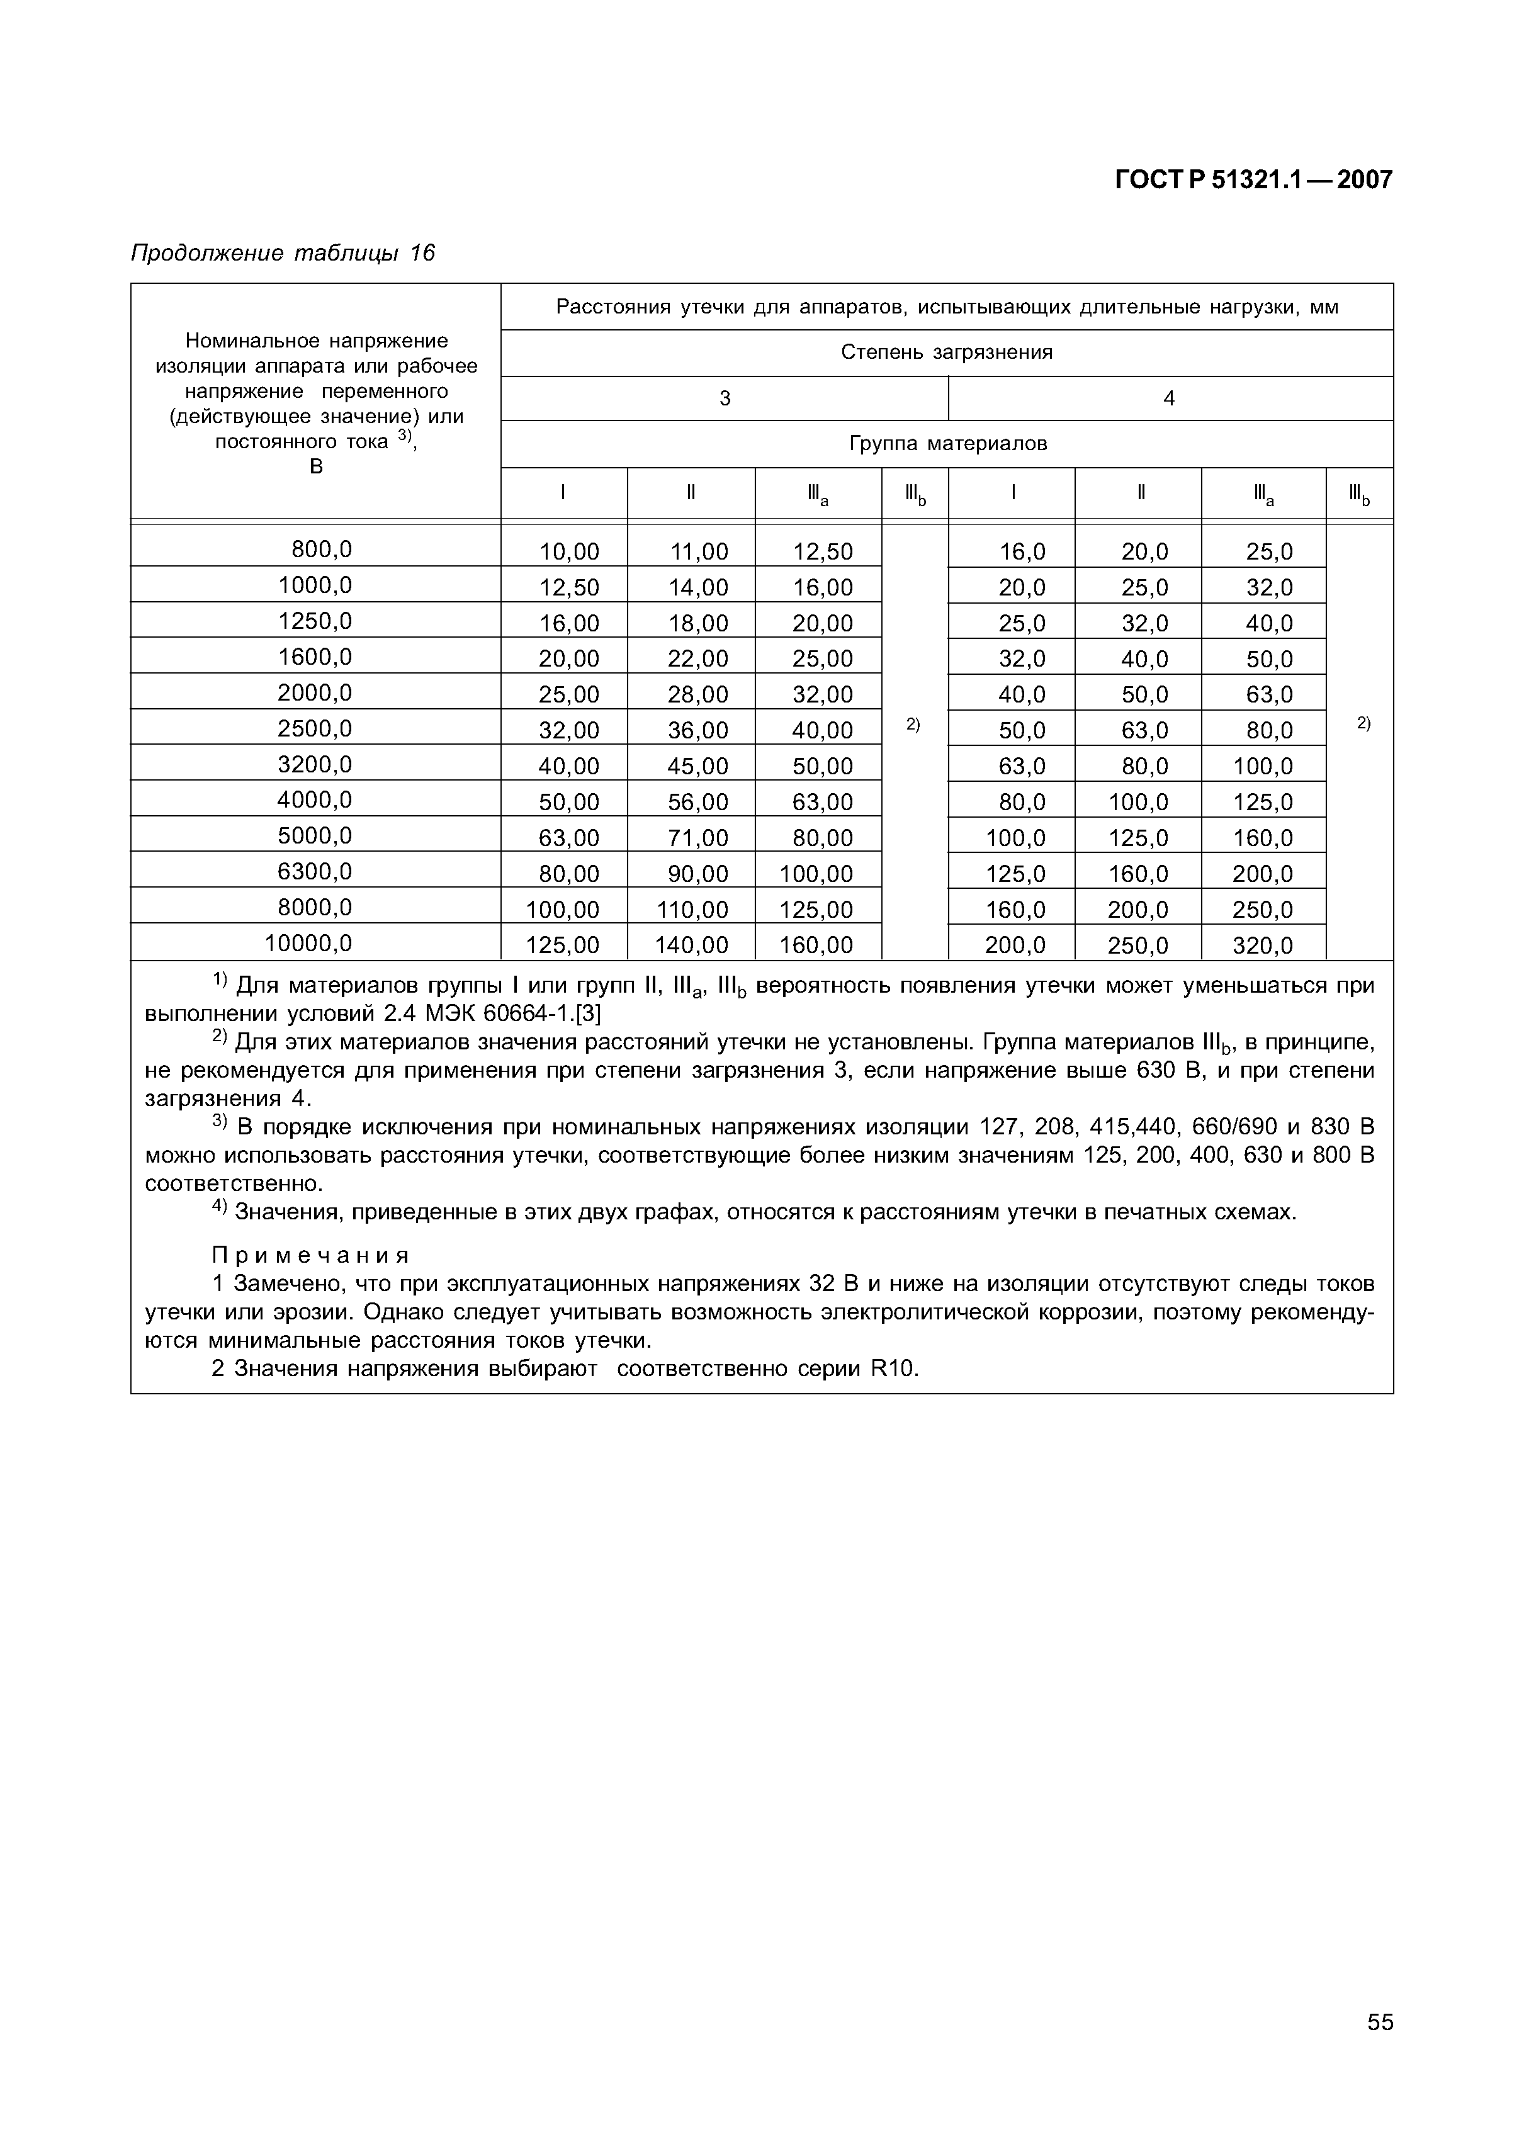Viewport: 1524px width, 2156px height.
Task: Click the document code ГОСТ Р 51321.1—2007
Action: [1253, 180]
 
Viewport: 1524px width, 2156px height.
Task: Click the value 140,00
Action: [691, 945]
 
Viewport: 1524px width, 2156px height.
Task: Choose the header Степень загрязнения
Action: [947, 352]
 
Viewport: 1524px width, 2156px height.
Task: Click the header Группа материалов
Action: [947, 443]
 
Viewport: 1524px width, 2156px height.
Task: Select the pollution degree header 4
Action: [1169, 398]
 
